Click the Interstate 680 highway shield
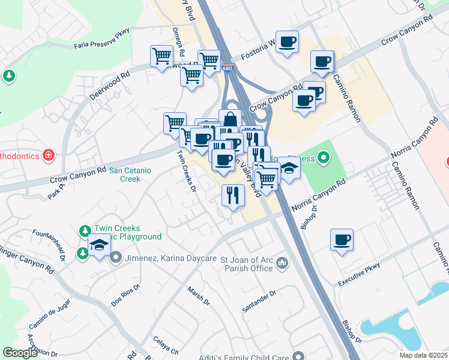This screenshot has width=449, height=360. pos(226,67)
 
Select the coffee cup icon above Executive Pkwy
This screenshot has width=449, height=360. pos(342,240)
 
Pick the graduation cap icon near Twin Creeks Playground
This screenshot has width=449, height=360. pos(100,245)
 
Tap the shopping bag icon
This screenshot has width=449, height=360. pos(230,119)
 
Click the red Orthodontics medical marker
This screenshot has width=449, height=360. pos(49,156)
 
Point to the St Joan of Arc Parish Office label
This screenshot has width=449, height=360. pos(246,263)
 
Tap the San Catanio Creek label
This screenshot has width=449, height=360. pos(130,175)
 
